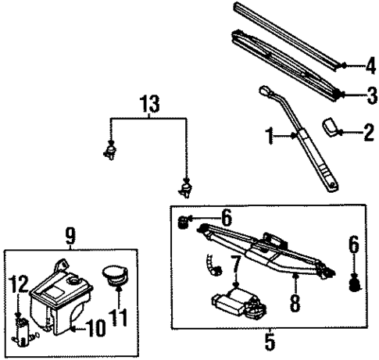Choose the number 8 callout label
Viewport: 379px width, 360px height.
(295, 301)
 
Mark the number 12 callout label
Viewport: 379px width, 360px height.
(17, 283)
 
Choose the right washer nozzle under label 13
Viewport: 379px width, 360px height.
(186, 187)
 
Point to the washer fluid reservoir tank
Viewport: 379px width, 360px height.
(61, 301)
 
